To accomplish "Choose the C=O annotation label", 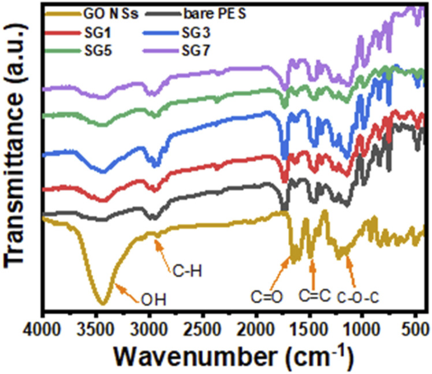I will (267, 297).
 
